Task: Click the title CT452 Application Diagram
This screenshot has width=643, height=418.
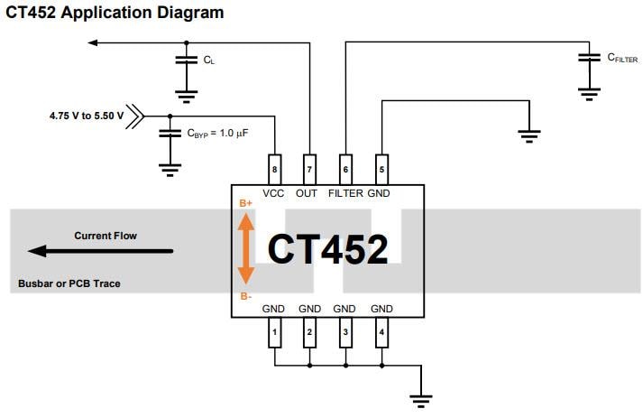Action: click(115, 13)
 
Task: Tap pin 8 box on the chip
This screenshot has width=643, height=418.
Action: click(274, 168)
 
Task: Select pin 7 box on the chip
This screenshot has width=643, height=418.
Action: click(309, 168)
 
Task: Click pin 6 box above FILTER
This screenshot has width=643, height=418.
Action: click(344, 168)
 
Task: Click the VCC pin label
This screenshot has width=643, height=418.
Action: click(274, 193)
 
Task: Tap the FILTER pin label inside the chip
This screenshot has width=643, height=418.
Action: click(345, 193)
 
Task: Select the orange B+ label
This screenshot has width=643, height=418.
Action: click(246, 204)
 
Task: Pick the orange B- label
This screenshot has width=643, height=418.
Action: click(246, 296)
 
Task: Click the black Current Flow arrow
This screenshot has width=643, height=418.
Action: click(99, 251)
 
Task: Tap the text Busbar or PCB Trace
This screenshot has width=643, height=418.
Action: click(69, 283)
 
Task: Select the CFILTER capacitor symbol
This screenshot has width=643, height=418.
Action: click(589, 58)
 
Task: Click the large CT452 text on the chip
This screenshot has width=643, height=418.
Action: click(328, 249)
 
